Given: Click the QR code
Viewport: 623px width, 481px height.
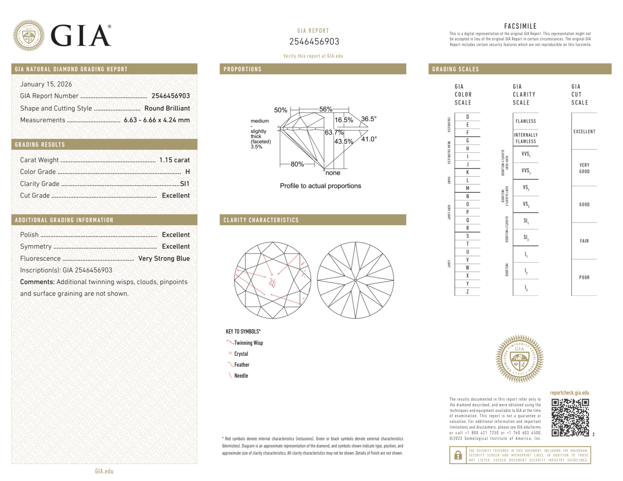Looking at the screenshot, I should [x=570, y=417].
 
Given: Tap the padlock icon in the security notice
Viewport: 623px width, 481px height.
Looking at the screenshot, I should [x=458, y=455].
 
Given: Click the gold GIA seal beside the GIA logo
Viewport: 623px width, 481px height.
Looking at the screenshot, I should [x=29, y=35].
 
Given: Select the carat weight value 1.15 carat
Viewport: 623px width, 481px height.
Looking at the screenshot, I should [x=174, y=160].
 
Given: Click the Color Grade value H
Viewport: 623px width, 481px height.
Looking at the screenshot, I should [x=187, y=172].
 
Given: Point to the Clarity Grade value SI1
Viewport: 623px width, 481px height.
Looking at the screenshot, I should [x=185, y=184].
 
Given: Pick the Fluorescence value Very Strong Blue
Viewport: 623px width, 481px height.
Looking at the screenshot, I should [x=164, y=258].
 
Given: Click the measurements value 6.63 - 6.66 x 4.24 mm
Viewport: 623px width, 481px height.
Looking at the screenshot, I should [x=157, y=120].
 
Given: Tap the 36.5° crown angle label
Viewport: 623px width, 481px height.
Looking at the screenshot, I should [x=369, y=119].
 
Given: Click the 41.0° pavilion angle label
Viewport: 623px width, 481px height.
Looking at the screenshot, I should [x=369, y=139].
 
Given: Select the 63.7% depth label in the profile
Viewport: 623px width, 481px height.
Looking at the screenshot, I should [x=334, y=132].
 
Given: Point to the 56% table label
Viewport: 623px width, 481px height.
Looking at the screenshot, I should [x=326, y=109].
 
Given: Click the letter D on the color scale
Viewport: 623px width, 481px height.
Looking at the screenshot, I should [x=467, y=117].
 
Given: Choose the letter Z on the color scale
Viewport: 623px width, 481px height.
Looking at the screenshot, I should [x=467, y=292].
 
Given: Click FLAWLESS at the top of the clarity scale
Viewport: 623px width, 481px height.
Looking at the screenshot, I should [x=526, y=121].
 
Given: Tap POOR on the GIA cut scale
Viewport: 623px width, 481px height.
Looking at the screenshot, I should [x=584, y=277].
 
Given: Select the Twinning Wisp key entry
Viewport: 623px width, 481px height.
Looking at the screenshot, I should [x=248, y=343].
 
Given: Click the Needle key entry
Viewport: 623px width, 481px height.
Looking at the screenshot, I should [x=241, y=376].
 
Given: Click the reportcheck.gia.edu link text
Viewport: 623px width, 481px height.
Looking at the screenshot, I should [x=569, y=393].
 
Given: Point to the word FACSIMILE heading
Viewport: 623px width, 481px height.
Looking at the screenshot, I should [x=520, y=26].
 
